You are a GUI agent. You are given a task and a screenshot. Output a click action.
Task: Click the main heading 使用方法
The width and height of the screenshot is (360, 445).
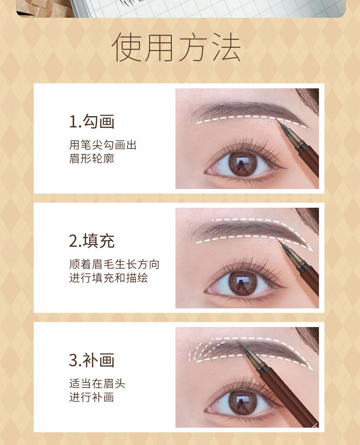(176, 47)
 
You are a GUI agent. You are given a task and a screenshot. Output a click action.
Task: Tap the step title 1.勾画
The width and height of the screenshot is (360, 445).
(92, 122)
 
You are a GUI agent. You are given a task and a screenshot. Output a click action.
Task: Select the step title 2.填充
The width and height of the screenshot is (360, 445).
(92, 241)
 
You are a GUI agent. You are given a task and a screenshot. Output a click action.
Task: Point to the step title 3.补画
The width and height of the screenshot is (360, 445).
(92, 360)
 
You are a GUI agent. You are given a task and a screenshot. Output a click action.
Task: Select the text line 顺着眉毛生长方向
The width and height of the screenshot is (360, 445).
(114, 265)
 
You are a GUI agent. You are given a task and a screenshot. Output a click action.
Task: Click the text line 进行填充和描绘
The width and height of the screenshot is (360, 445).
(108, 278)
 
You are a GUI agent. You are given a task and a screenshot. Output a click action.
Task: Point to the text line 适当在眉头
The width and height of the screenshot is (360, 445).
(97, 384)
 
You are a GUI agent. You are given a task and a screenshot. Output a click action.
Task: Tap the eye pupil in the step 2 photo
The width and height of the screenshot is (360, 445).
(242, 283)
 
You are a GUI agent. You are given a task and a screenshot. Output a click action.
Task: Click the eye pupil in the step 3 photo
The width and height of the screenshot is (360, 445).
(242, 402)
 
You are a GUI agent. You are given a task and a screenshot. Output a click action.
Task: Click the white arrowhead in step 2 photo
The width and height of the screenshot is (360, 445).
(310, 249)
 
